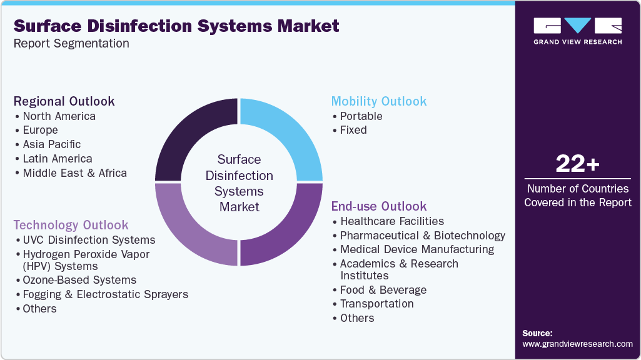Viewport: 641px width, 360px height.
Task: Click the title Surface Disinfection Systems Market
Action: [176, 26]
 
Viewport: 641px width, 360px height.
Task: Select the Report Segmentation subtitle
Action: [71, 44]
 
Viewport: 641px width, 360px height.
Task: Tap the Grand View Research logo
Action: [577, 31]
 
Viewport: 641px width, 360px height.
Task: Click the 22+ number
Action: [577, 164]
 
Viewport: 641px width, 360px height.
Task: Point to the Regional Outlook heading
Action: [64, 101]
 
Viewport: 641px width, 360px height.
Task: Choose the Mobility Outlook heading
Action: [379, 101]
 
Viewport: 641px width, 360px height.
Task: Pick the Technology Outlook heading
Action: [71, 225]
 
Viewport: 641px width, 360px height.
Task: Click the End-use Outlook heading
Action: [379, 206]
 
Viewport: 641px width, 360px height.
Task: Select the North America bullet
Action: [59, 116]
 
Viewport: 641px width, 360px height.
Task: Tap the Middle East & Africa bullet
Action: [74, 173]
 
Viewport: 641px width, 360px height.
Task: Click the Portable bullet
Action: [361, 116]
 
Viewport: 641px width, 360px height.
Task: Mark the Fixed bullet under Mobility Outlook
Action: [353, 130]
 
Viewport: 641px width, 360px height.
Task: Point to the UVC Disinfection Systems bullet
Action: [89, 240]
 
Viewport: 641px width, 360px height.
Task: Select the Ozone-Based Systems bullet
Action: [79, 280]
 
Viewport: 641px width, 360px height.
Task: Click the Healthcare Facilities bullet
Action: [391, 221]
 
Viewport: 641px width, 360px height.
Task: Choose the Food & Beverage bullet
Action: [383, 290]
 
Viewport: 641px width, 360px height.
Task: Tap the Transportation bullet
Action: [376, 304]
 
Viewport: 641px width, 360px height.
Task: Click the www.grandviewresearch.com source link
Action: [577, 344]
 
